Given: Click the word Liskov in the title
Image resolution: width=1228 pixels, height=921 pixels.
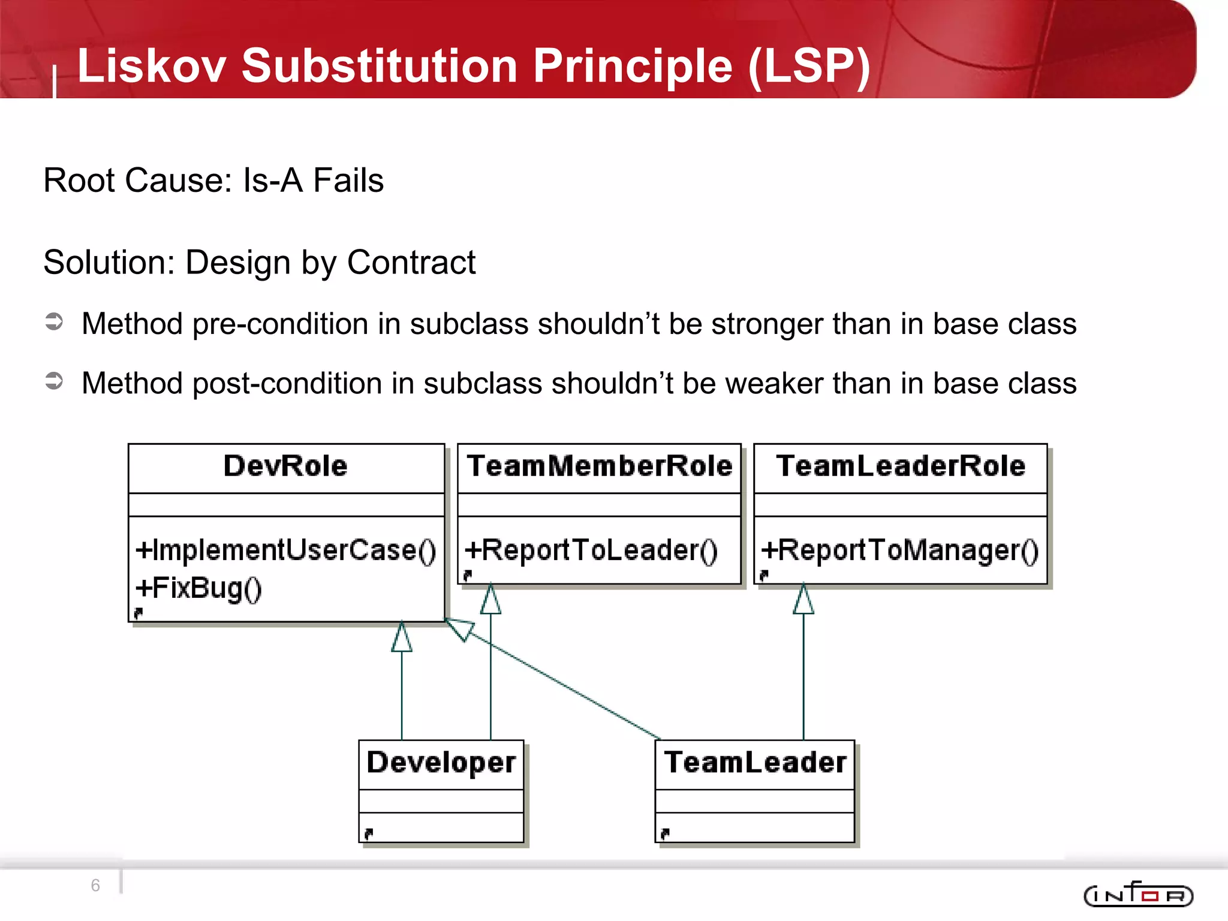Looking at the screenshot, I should pyautogui.click(x=151, y=66).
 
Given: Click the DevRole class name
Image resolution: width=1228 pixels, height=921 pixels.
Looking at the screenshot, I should pyautogui.click(x=285, y=466).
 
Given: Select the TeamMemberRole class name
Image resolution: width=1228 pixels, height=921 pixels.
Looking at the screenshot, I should pyautogui.click(x=600, y=466).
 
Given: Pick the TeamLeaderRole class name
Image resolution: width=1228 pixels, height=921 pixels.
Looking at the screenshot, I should pyautogui.click(x=901, y=466).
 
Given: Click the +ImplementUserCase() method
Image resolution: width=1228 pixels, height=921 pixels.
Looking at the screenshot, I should pyautogui.click(x=286, y=550).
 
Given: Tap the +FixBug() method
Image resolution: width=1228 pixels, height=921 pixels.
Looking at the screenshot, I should pyautogui.click(x=198, y=588).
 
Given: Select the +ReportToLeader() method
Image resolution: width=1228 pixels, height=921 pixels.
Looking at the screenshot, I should pyautogui.click(x=591, y=550).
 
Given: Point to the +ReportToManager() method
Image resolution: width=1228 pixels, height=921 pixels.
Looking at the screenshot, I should pyautogui.click(x=900, y=550).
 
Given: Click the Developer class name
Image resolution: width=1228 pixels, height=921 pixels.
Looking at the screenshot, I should pyautogui.click(x=441, y=763).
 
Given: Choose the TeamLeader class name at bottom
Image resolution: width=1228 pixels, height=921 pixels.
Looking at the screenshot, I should pyautogui.click(x=755, y=763).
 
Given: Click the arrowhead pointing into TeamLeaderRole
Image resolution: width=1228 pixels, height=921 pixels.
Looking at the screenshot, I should pyautogui.click(x=803, y=600).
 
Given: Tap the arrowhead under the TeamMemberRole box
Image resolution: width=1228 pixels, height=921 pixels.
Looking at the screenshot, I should pyautogui.click(x=490, y=600).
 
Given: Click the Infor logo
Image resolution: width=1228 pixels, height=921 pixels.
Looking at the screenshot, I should pyautogui.click(x=1138, y=895).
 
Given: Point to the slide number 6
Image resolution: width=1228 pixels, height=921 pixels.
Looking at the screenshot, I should pyautogui.click(x=95, y=885).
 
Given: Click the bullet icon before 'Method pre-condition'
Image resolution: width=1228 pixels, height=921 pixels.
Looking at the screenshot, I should pyautogui.click(x=54, y=322).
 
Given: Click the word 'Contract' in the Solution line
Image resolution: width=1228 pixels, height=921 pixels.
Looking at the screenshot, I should pyautogui.click(x=411, y=263).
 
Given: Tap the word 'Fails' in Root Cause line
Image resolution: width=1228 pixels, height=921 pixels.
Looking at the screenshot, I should pyautogui.click(x=348, y=180).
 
